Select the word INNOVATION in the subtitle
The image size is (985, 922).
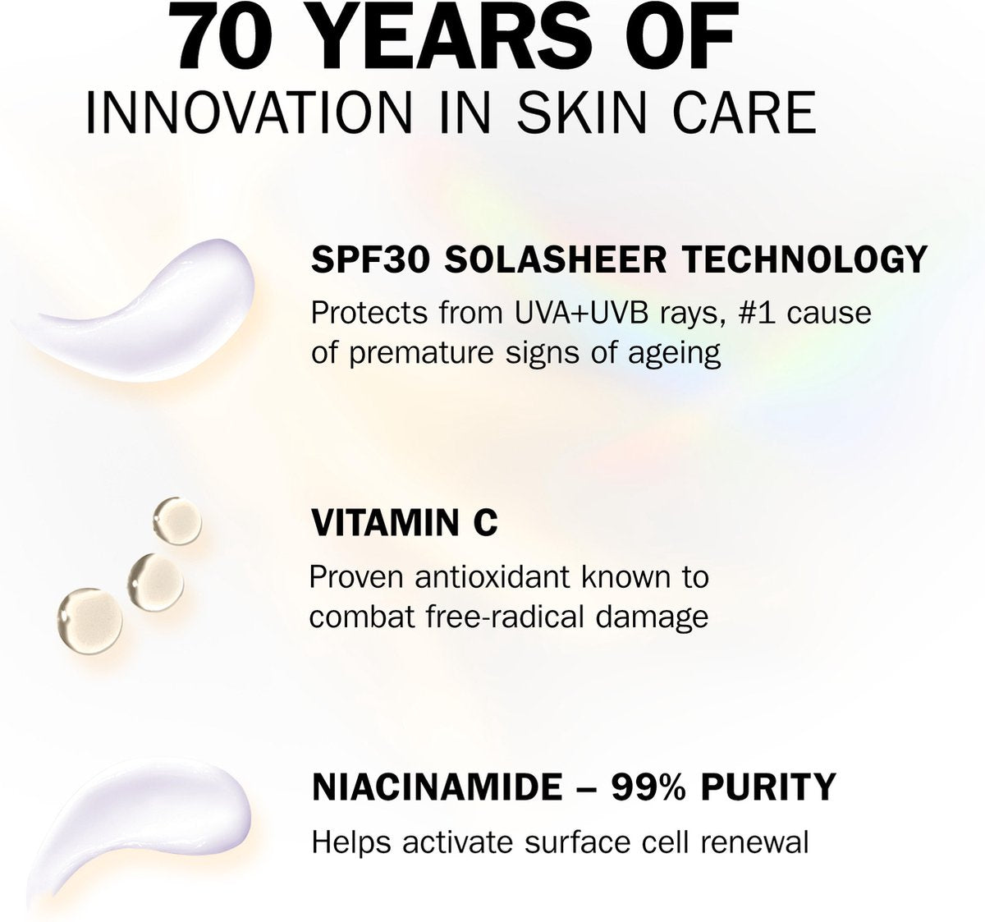249,112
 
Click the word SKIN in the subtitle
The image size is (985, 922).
581,112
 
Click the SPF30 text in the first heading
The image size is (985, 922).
370,259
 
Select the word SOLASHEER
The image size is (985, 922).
556,259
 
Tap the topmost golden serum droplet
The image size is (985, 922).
177,521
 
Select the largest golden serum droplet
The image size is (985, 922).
89,621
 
